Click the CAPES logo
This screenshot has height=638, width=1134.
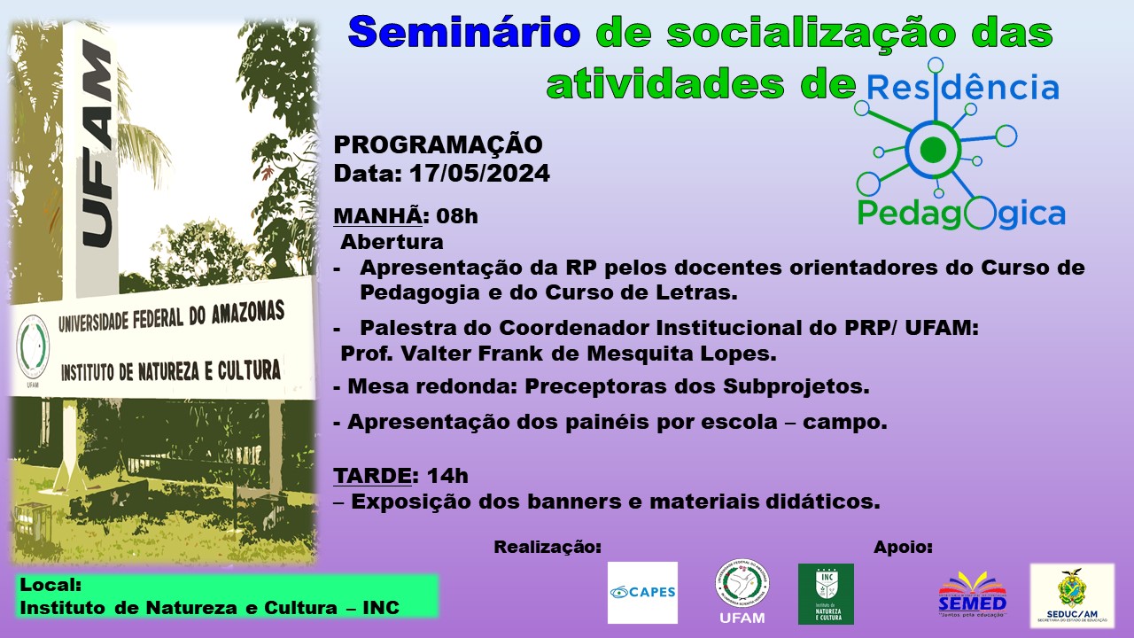(x=642, y=593)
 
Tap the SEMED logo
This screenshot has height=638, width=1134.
(x=973, y=595)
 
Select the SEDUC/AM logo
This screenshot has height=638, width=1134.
(x=1072, y=595)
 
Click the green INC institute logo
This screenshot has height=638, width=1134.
(x=827, y=594)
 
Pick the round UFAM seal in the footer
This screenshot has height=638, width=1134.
(x=742, y=585)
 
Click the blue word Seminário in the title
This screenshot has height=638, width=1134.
(x=464, y=32)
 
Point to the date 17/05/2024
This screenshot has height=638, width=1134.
(x=479, y=174)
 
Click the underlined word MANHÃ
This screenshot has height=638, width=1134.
(x=377, y=216)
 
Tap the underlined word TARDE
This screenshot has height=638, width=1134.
(x=372, y=476)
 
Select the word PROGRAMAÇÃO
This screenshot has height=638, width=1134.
(x=438, y=145)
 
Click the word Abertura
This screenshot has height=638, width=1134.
(x=392, y=242)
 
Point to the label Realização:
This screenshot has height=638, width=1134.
(x=548, y=548)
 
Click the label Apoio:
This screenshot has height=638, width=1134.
(x=903, y=548)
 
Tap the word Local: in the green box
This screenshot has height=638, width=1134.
(x=50, y=586)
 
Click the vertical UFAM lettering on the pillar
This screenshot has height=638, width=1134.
(x=97, y=144)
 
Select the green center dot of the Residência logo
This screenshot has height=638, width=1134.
(x=933, y=149)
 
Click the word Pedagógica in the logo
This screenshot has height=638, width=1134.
(x=961, y=214)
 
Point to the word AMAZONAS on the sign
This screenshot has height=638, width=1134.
(x=248, y=313)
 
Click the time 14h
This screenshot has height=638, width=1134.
(x=447, y=476)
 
